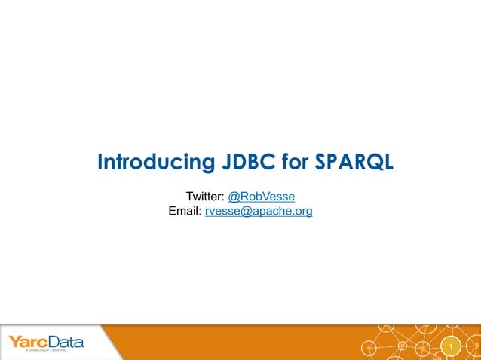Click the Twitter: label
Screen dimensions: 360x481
[x=205, y=197]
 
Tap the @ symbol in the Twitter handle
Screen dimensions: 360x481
[x=233, y=197]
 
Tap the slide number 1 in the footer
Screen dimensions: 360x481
[x=450, y=346]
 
